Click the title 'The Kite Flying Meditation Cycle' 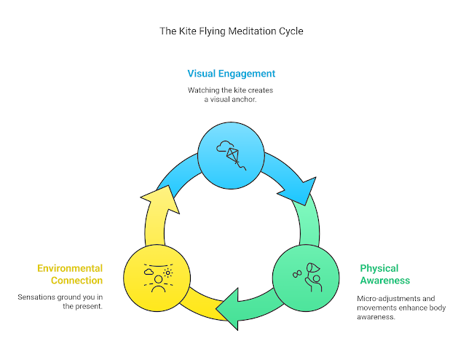[x=232, y=32]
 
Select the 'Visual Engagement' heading [x=232, y=74]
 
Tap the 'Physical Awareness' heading [x=384, y=274]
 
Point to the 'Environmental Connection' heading [x=70, y=274]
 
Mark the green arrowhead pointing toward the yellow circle [x=232, y=306]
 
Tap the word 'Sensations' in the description [x=37, y=297]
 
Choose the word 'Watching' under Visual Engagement [x=204, y=90]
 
